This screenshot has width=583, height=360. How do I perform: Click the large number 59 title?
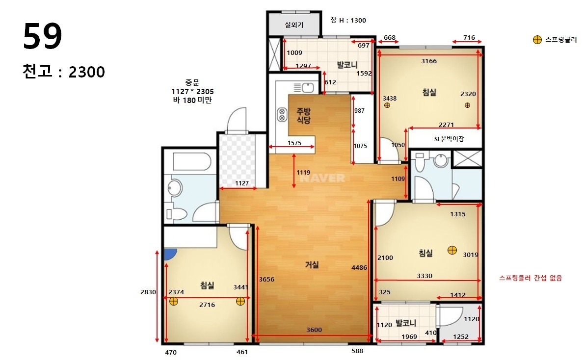(x=42, y=36)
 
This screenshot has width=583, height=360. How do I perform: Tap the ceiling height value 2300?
(x=87, y=72)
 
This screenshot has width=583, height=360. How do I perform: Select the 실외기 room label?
(x=294, y=25)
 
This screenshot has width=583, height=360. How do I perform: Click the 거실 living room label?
(x=312, y=264)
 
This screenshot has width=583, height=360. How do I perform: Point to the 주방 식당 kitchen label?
(x=303, y=116)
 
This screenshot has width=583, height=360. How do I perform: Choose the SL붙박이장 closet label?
(x=449, y=139)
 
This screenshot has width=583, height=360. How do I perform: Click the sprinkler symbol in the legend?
(x=537, y=40)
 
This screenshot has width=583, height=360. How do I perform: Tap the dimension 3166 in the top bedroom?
(x=429, y=61)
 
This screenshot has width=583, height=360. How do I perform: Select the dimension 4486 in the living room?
(x=359, y=267)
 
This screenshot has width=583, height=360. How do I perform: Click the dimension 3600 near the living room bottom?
(x=314, y=330)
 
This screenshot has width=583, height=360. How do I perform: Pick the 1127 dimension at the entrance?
(x=241, y=183)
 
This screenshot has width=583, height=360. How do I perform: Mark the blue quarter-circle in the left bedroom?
(x=169, y=254)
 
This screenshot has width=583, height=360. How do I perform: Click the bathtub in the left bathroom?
(x=192, y=161)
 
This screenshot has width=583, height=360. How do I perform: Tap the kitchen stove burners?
(x=282, y=114)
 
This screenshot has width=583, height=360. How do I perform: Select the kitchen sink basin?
(x=308, y=88)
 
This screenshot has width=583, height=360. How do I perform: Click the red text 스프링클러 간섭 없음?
(x=530, y=278)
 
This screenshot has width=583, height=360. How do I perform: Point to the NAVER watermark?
(x=322, y=179)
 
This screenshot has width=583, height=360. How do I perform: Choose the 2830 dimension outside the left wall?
(x=148, y=292)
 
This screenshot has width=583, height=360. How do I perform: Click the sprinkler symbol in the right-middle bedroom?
(x=452, y=251)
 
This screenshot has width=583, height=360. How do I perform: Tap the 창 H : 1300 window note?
(x=348, y=21)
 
